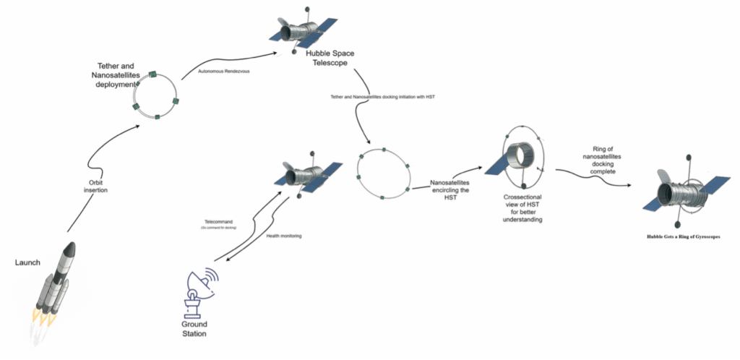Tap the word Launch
pyautogui.click(x=28, y=262)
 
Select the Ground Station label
pyautogui.click(x=194, y=330)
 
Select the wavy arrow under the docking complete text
pyautogui.click(x=593, y=176)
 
